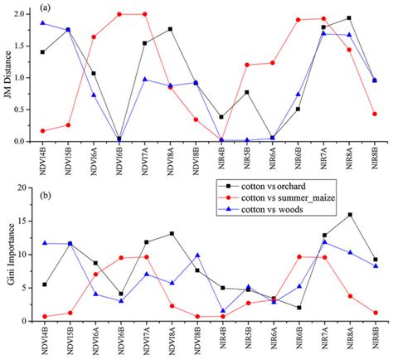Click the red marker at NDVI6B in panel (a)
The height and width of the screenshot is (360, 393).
click(x=120, y=14)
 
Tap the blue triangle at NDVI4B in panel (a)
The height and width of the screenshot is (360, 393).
click(x=43, y=22)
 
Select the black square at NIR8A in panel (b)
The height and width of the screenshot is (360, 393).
click(x=349, y=215)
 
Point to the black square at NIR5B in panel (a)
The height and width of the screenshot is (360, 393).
click(x=248, y=92)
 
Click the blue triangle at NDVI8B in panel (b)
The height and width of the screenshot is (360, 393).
click(x=196, y=255)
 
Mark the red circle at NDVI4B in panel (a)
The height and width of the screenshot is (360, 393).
click(x=43, y=130)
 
